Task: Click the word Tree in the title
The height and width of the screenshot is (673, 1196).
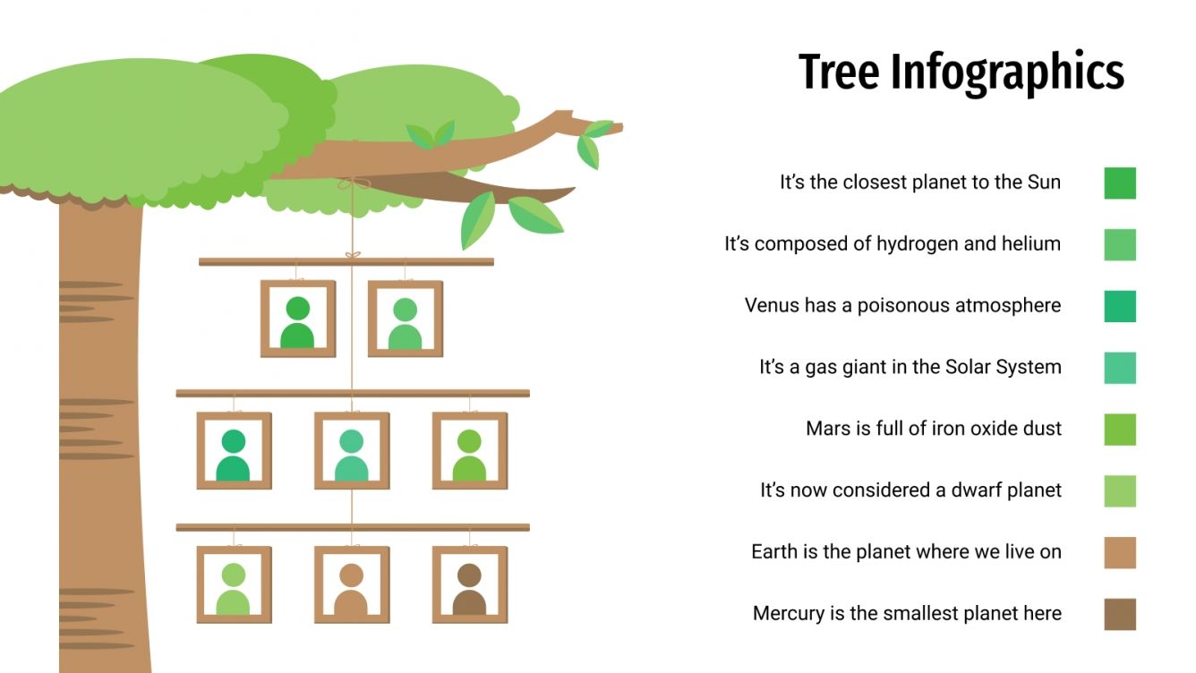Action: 839,72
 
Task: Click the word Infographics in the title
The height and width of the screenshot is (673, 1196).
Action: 1007,73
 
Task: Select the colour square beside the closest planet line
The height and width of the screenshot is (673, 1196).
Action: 1120,183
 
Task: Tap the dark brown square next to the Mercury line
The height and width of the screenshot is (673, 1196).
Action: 1120,614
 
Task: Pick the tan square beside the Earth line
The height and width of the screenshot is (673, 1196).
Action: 1120,552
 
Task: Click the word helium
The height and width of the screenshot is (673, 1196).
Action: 1029,243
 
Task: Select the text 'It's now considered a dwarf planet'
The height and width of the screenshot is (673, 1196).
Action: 910,490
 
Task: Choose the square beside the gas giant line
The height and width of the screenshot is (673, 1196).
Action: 1120,368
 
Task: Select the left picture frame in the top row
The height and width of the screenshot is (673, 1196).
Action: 297,319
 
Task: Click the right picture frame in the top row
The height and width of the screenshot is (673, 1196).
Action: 405,319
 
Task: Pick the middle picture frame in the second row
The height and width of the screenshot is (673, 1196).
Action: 351,450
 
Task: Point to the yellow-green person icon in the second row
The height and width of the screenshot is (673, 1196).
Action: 469,455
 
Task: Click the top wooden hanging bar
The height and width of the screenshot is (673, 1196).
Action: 346,262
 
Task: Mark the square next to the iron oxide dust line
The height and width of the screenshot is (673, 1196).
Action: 1120,430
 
